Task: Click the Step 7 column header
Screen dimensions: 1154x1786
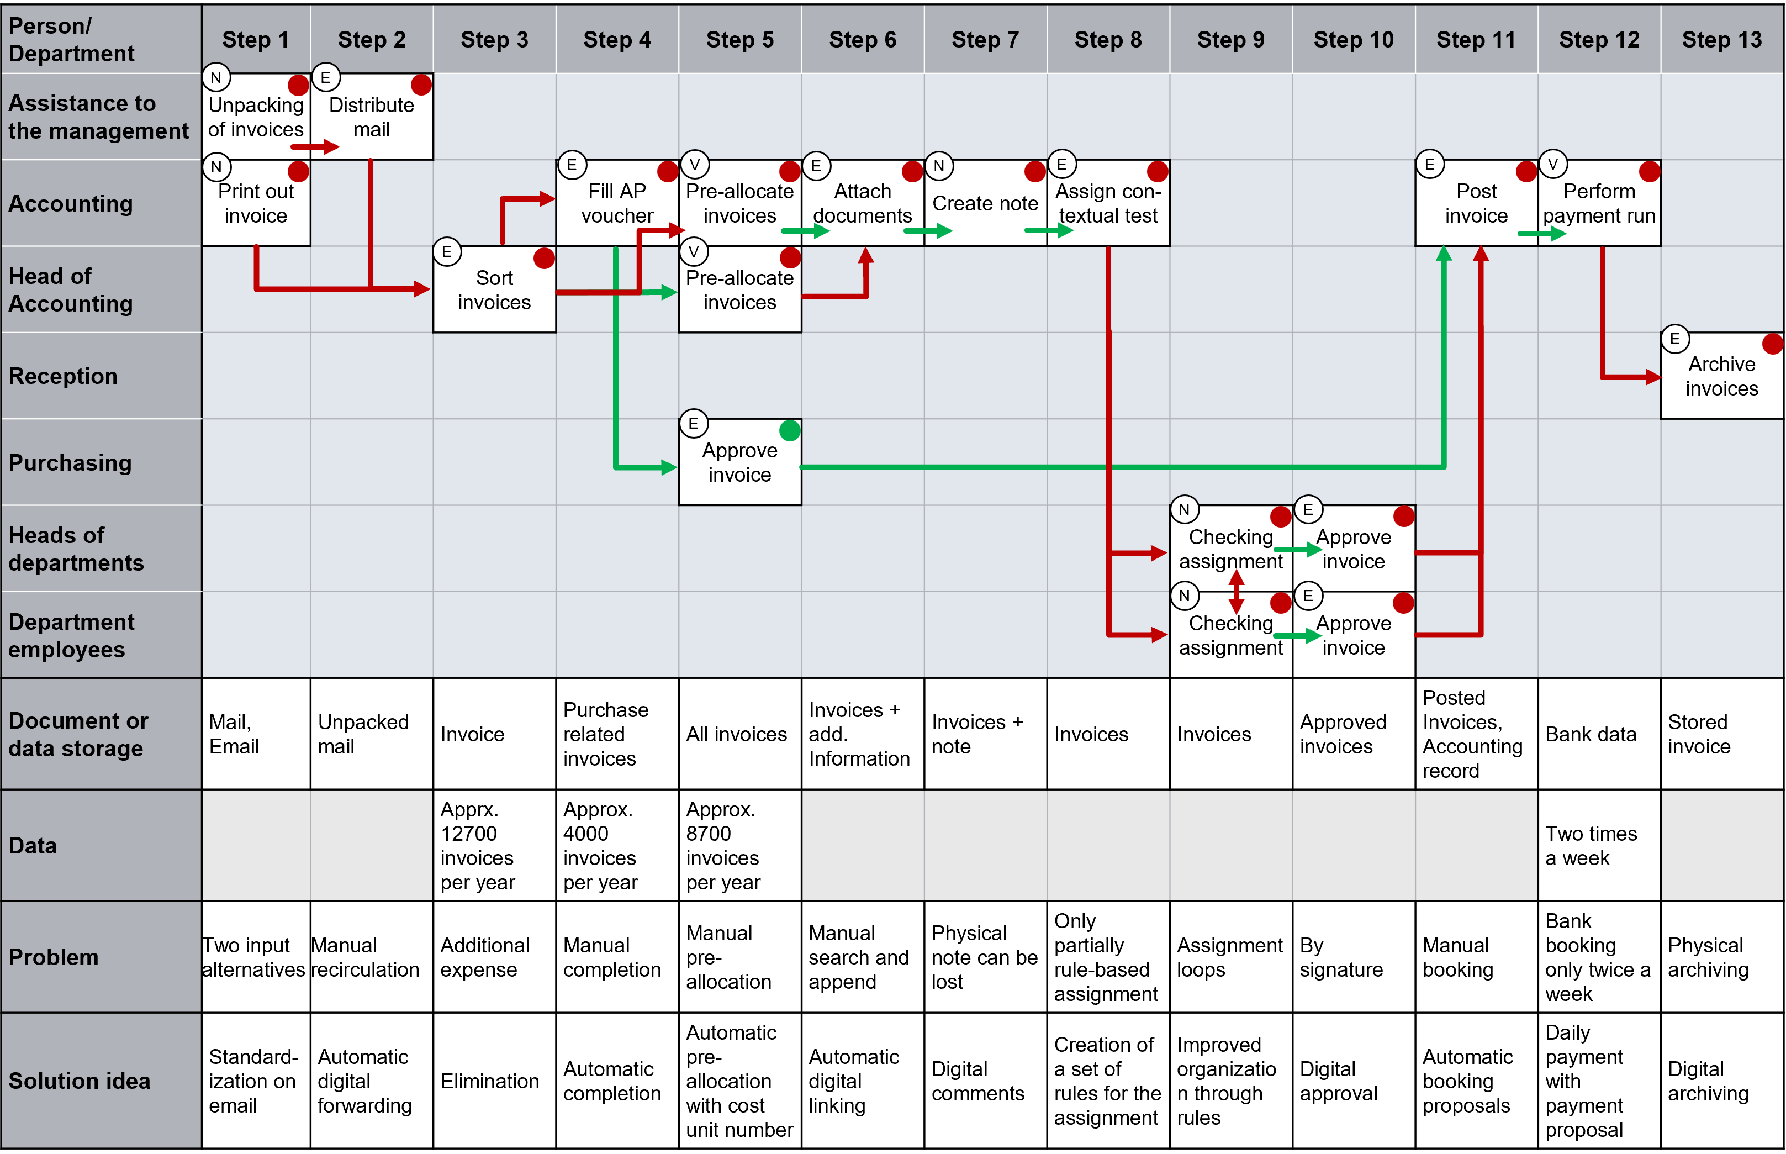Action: (985, 40)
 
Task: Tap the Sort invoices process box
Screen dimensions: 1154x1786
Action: (494, 290)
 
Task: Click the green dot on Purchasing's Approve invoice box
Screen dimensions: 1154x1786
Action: (790, 430)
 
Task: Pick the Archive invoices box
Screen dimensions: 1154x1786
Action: (1721, 376)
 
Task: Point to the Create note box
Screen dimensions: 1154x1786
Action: (985, 203)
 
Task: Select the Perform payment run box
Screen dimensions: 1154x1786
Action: (1599, 203)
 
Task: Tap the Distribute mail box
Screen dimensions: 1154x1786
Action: (372, 117)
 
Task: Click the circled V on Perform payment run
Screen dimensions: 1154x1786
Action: (1553, 164)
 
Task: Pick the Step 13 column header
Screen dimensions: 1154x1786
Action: (1721, 40)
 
